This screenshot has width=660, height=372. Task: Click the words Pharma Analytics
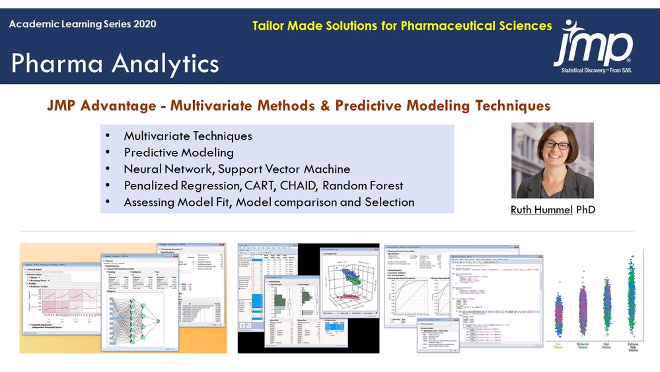(115, 64)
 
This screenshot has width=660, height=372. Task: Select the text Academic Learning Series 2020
(83, 24)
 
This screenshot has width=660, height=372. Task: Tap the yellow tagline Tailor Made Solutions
(402, 26)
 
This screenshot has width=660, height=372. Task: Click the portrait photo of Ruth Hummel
(552, 160)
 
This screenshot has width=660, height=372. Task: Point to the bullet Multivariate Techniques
(188, 136)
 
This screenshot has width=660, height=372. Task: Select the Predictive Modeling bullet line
(178, 152)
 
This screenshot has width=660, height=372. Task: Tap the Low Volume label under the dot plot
(560, 346)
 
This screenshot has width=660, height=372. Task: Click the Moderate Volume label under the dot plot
(583, 346)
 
